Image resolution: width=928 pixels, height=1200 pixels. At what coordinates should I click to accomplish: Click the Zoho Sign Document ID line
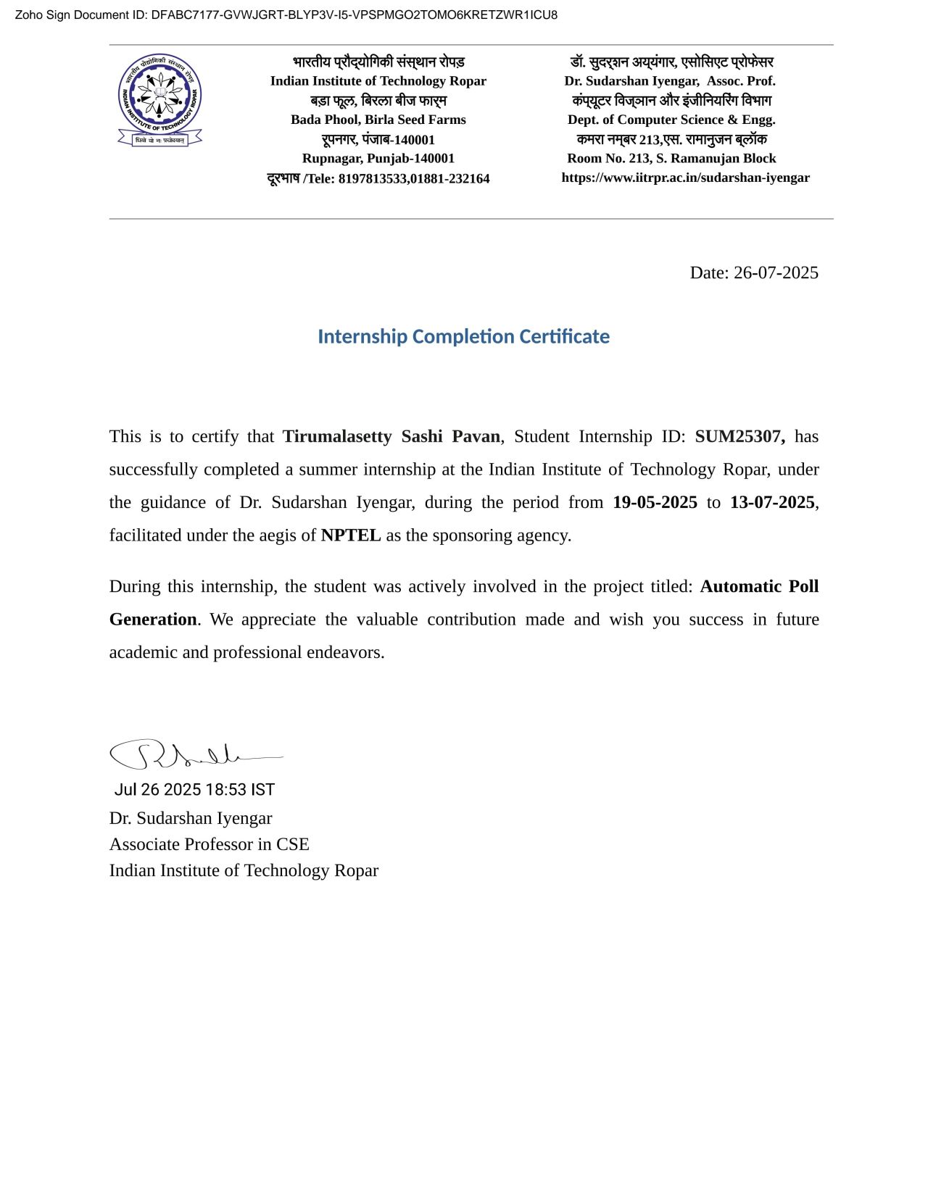point(286,15)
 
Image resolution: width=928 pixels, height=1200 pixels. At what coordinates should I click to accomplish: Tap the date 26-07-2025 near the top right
point(775,273)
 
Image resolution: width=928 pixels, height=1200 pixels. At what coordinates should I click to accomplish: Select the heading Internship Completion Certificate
point(463,337)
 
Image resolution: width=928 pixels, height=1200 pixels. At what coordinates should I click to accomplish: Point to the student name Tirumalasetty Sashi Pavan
point(391,436)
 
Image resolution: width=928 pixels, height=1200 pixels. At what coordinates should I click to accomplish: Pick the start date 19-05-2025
point(655,502)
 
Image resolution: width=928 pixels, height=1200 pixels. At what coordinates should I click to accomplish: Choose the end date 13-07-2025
point(772,502)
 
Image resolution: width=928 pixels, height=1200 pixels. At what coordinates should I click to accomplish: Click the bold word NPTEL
point(351,536)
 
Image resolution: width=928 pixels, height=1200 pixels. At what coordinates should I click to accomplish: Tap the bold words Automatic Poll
point(759,586)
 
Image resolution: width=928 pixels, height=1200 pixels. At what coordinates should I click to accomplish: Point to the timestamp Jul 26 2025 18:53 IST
point(194,789)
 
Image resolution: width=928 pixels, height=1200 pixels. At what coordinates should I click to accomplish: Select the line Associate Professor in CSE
point(209,844)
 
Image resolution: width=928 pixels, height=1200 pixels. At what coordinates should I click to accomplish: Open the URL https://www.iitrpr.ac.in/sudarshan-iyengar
point(685,178)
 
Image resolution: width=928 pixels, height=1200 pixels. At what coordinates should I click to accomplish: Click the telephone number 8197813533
point(373,179)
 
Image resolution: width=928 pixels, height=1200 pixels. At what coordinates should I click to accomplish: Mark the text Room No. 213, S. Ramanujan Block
point(671,159)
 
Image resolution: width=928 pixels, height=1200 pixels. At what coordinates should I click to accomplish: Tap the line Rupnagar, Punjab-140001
point(378,159)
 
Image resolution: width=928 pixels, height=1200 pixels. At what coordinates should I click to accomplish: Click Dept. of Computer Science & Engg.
point(671,120)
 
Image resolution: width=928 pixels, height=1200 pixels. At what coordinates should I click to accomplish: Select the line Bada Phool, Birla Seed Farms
point(378,120)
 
